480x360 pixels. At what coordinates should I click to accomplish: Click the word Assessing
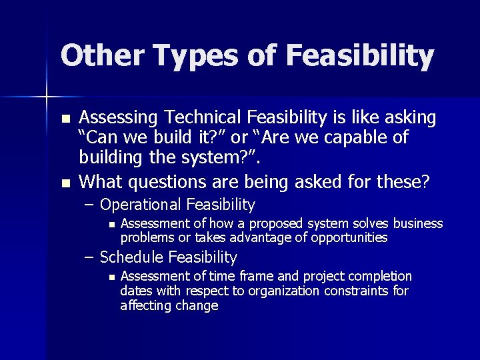pyautogui.click(x=119, y=118)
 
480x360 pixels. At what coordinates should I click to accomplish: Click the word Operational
pyautogui.click(x=141, y=205)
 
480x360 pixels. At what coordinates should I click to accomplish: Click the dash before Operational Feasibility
pyautogui.click(x=89, y=205)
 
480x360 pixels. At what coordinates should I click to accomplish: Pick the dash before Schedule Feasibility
pyautogui.click(x=89, y=257)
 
